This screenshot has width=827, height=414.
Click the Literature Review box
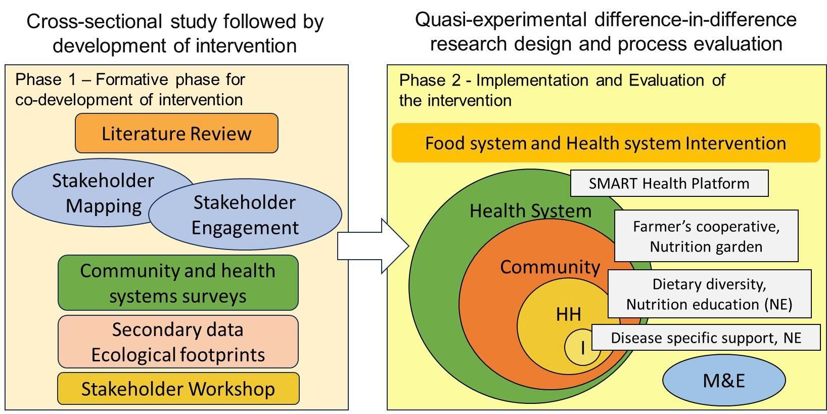click(176, 133)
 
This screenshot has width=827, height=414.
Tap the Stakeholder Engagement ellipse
click(245, 215)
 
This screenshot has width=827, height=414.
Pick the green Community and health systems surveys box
click(178, 283)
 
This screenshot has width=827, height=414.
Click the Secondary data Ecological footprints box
click(178, 342)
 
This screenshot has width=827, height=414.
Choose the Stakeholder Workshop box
click(178, 389)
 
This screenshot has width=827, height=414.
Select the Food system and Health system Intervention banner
click(606, 143)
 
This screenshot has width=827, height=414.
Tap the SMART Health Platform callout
click(669, 183)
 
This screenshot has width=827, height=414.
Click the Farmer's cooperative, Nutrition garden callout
click(706, 236)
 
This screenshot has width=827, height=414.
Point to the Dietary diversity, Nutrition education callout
click(709, 294)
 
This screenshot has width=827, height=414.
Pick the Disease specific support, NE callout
click(706, 338)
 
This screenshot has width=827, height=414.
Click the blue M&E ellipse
click(724, 380)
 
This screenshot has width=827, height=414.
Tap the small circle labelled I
click(582, 347)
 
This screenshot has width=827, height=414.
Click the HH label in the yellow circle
click(568, 314)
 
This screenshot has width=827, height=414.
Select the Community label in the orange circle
click(550, 267)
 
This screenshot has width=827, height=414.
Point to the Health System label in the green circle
click(530, 211)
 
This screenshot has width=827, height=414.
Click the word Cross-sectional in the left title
click(94, 22)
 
